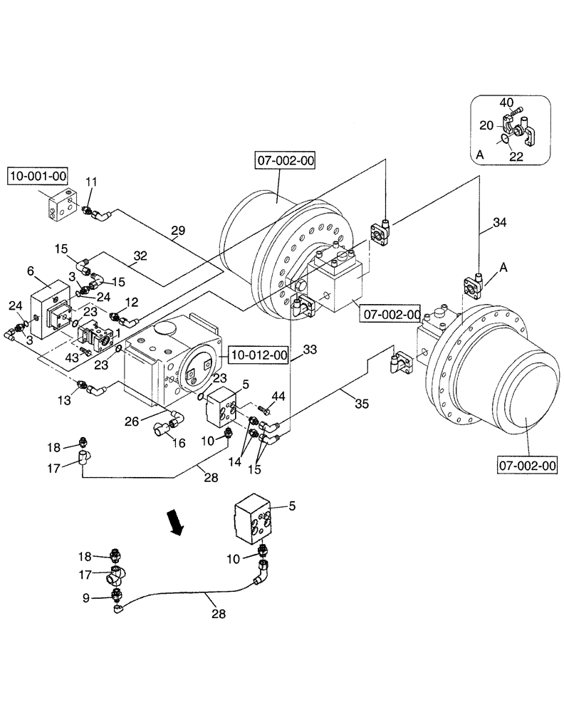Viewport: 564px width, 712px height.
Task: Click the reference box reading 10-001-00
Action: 37,175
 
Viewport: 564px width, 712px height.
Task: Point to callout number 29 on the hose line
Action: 177,231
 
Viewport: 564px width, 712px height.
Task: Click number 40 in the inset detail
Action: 506,103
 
